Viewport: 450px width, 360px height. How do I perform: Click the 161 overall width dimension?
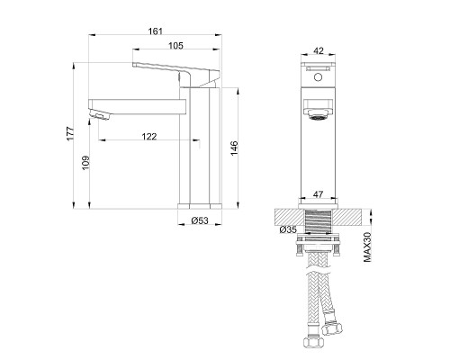156,31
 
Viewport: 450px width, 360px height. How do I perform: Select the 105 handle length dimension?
177,46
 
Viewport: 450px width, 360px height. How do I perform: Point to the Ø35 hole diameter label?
288,230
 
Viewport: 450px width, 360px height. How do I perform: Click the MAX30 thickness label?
368,246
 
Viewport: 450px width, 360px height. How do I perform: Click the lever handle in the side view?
175,70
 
